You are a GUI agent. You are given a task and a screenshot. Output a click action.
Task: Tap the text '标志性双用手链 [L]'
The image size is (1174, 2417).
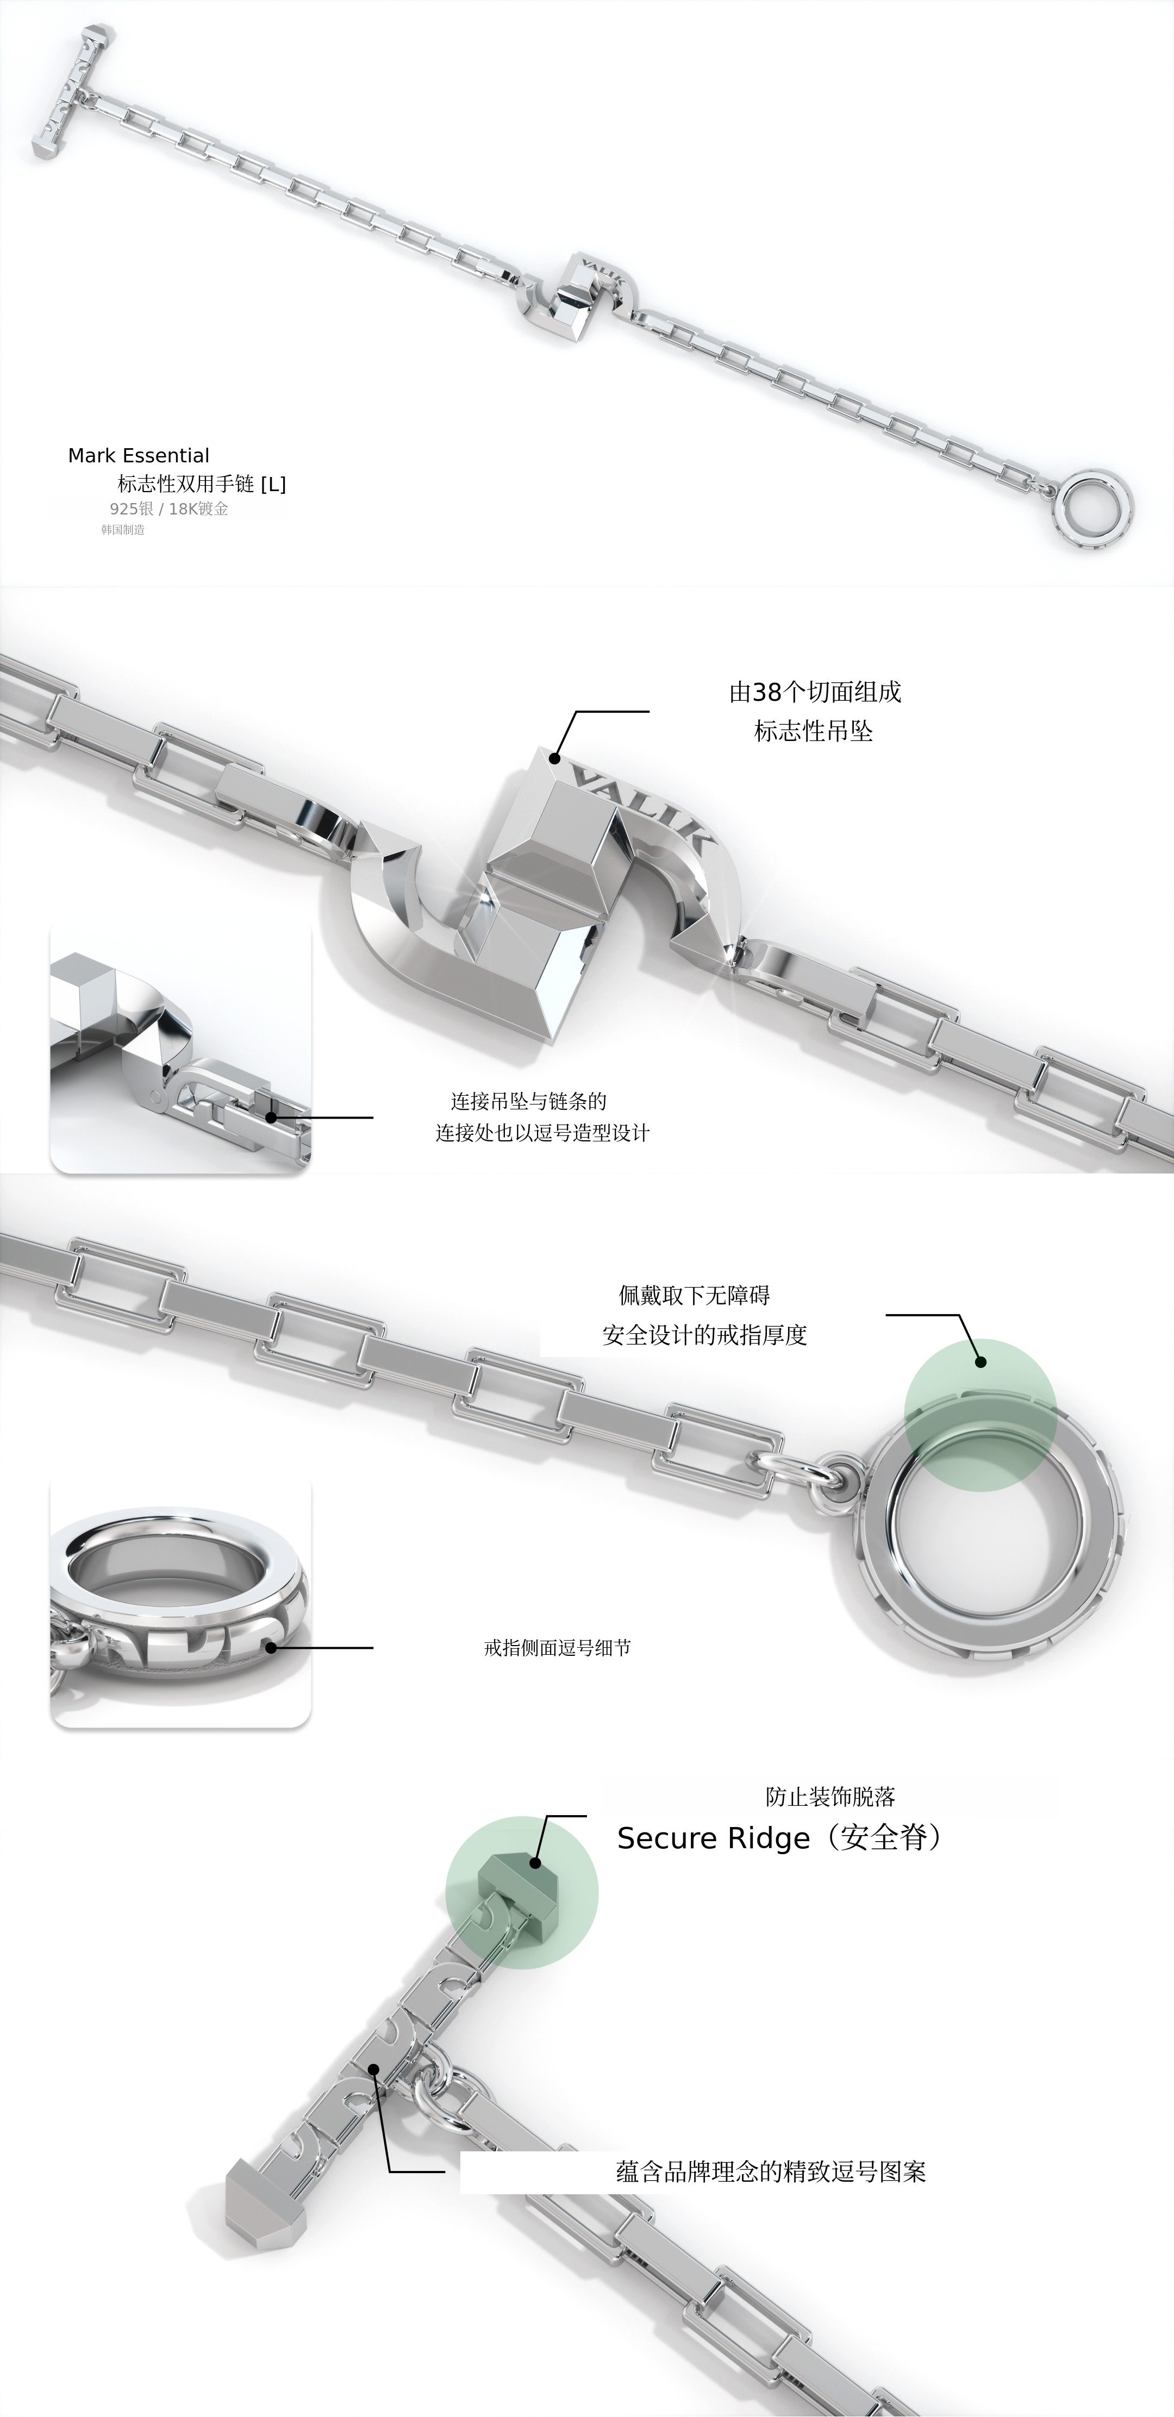(x=201, y=484)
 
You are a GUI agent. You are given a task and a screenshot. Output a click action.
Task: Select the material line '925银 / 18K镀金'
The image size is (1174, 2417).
(x=169, y=508)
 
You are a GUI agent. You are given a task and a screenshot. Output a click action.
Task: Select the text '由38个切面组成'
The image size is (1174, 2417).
(x=815, y=693)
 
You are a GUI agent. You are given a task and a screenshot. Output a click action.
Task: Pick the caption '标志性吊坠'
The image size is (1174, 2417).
(x=814, y=732)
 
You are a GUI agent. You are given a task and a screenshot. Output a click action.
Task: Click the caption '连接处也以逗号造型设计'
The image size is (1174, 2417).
(x=542, y=1133)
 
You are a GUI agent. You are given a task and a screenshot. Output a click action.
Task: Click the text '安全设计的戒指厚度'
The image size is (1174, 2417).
(x=705, y=1335)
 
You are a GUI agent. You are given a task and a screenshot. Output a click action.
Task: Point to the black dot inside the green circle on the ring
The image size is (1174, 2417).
(x=981, y=1361)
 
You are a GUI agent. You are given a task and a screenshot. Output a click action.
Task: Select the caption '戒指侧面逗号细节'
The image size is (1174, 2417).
(x=558, y=1648)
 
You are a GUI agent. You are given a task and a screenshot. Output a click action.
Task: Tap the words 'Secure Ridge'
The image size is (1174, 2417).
(x=713, y=1838)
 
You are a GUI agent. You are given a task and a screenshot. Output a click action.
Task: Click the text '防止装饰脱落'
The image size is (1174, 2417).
(x=830, y=1797)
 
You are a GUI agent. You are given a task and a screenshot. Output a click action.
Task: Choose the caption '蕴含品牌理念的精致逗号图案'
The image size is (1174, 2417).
(x=771, y=2172)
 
